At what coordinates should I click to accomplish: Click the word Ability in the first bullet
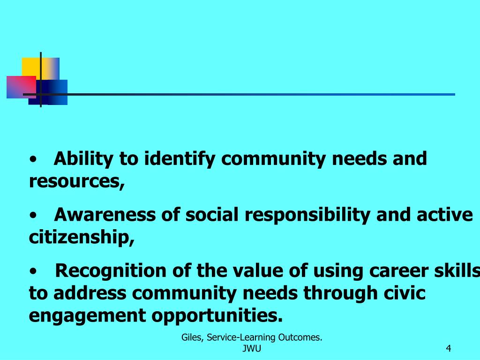[x=83, y=159]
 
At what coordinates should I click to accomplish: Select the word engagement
[x=86, y=315]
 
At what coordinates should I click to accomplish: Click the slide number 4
[x=449, y=348]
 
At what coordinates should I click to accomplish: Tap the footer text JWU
[x=252, y=348]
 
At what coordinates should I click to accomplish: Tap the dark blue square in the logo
[x=55, y=92]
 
